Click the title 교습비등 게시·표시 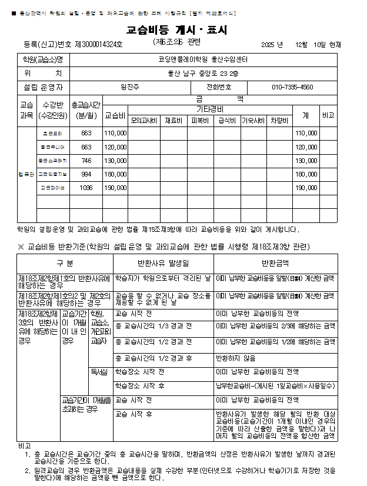coord(176,30)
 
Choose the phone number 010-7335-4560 coord(292,87)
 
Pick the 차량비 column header coord(279,121)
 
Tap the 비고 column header coord(328,116)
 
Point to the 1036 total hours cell coord(86,188)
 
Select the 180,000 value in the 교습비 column coord(115,174)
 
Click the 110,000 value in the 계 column coord(306,134)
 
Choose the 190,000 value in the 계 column coord(306,188)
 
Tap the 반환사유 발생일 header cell coord(164,262)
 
